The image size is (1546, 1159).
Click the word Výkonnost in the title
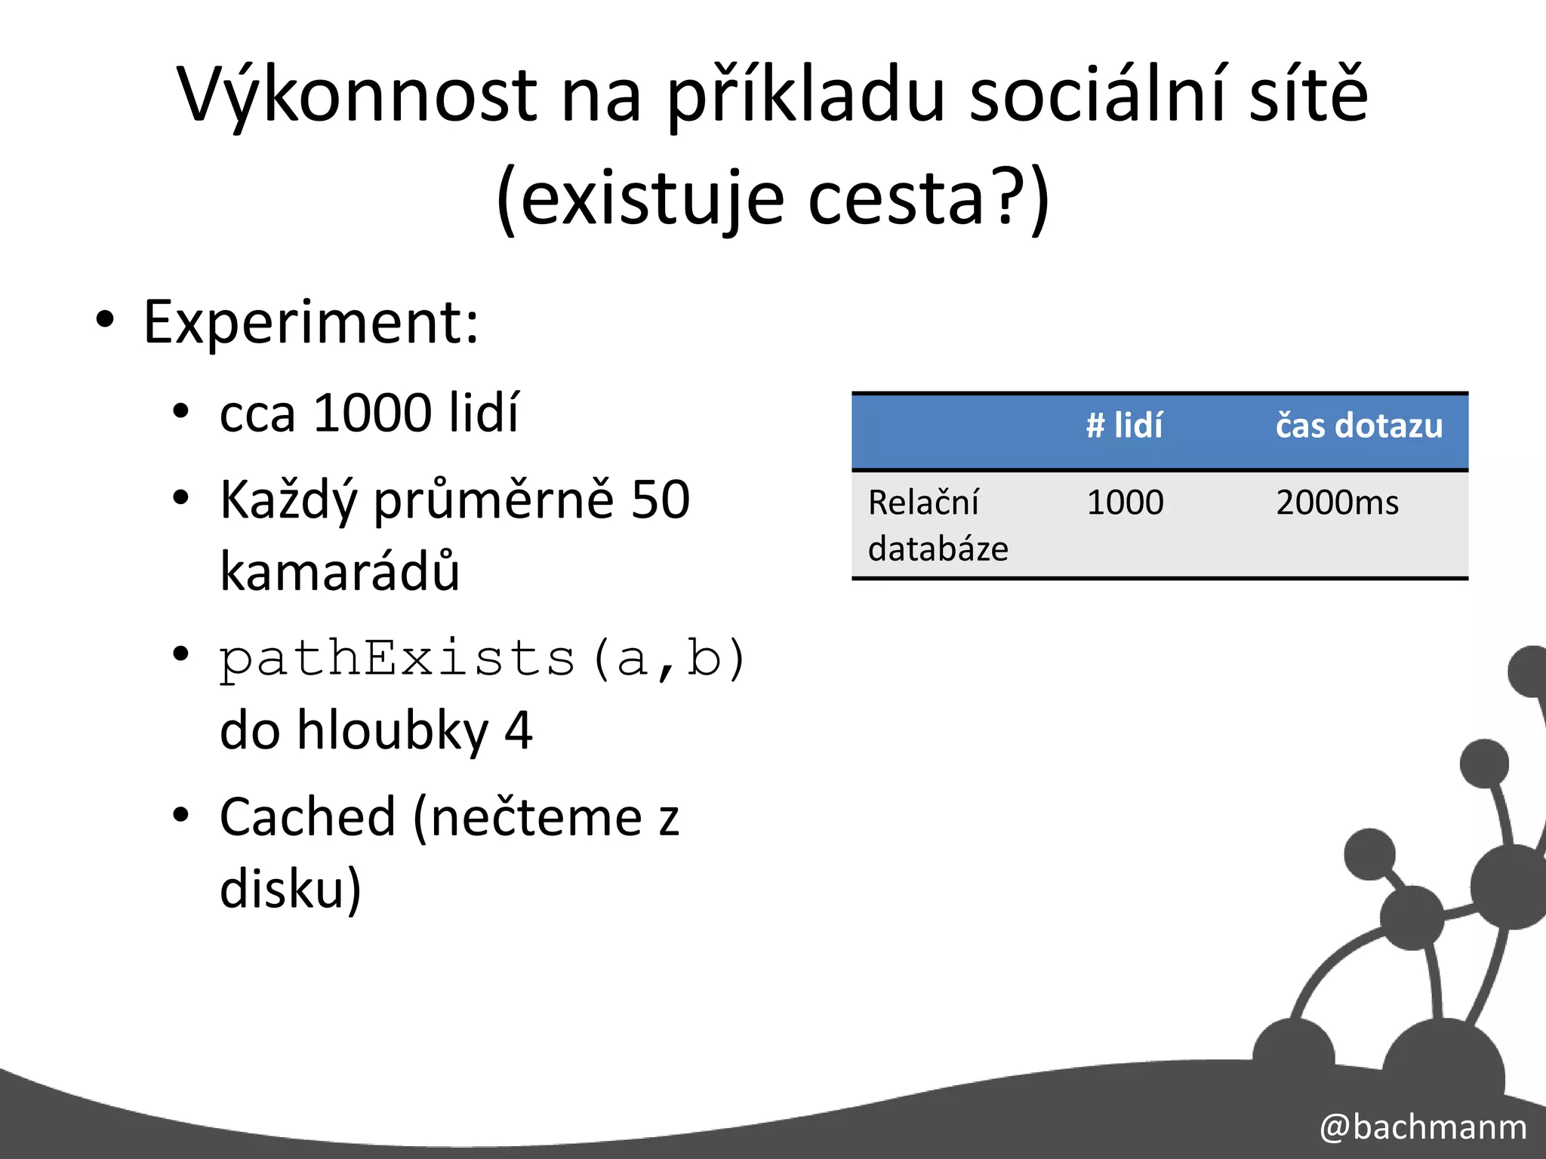356,97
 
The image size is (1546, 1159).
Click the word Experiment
310,323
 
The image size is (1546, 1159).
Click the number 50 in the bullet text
660,500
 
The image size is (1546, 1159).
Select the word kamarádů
340,571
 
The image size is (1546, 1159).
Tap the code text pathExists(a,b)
483,659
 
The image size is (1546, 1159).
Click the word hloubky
393,730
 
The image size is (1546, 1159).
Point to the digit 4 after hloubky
518,730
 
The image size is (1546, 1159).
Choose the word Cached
307,817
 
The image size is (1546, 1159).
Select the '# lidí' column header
1124,426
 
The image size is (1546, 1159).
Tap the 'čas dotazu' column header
1359,426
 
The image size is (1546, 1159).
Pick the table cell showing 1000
1125,503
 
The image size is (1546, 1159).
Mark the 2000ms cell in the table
1337,503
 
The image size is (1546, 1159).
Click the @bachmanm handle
1423,1127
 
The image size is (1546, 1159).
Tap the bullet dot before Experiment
105,320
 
